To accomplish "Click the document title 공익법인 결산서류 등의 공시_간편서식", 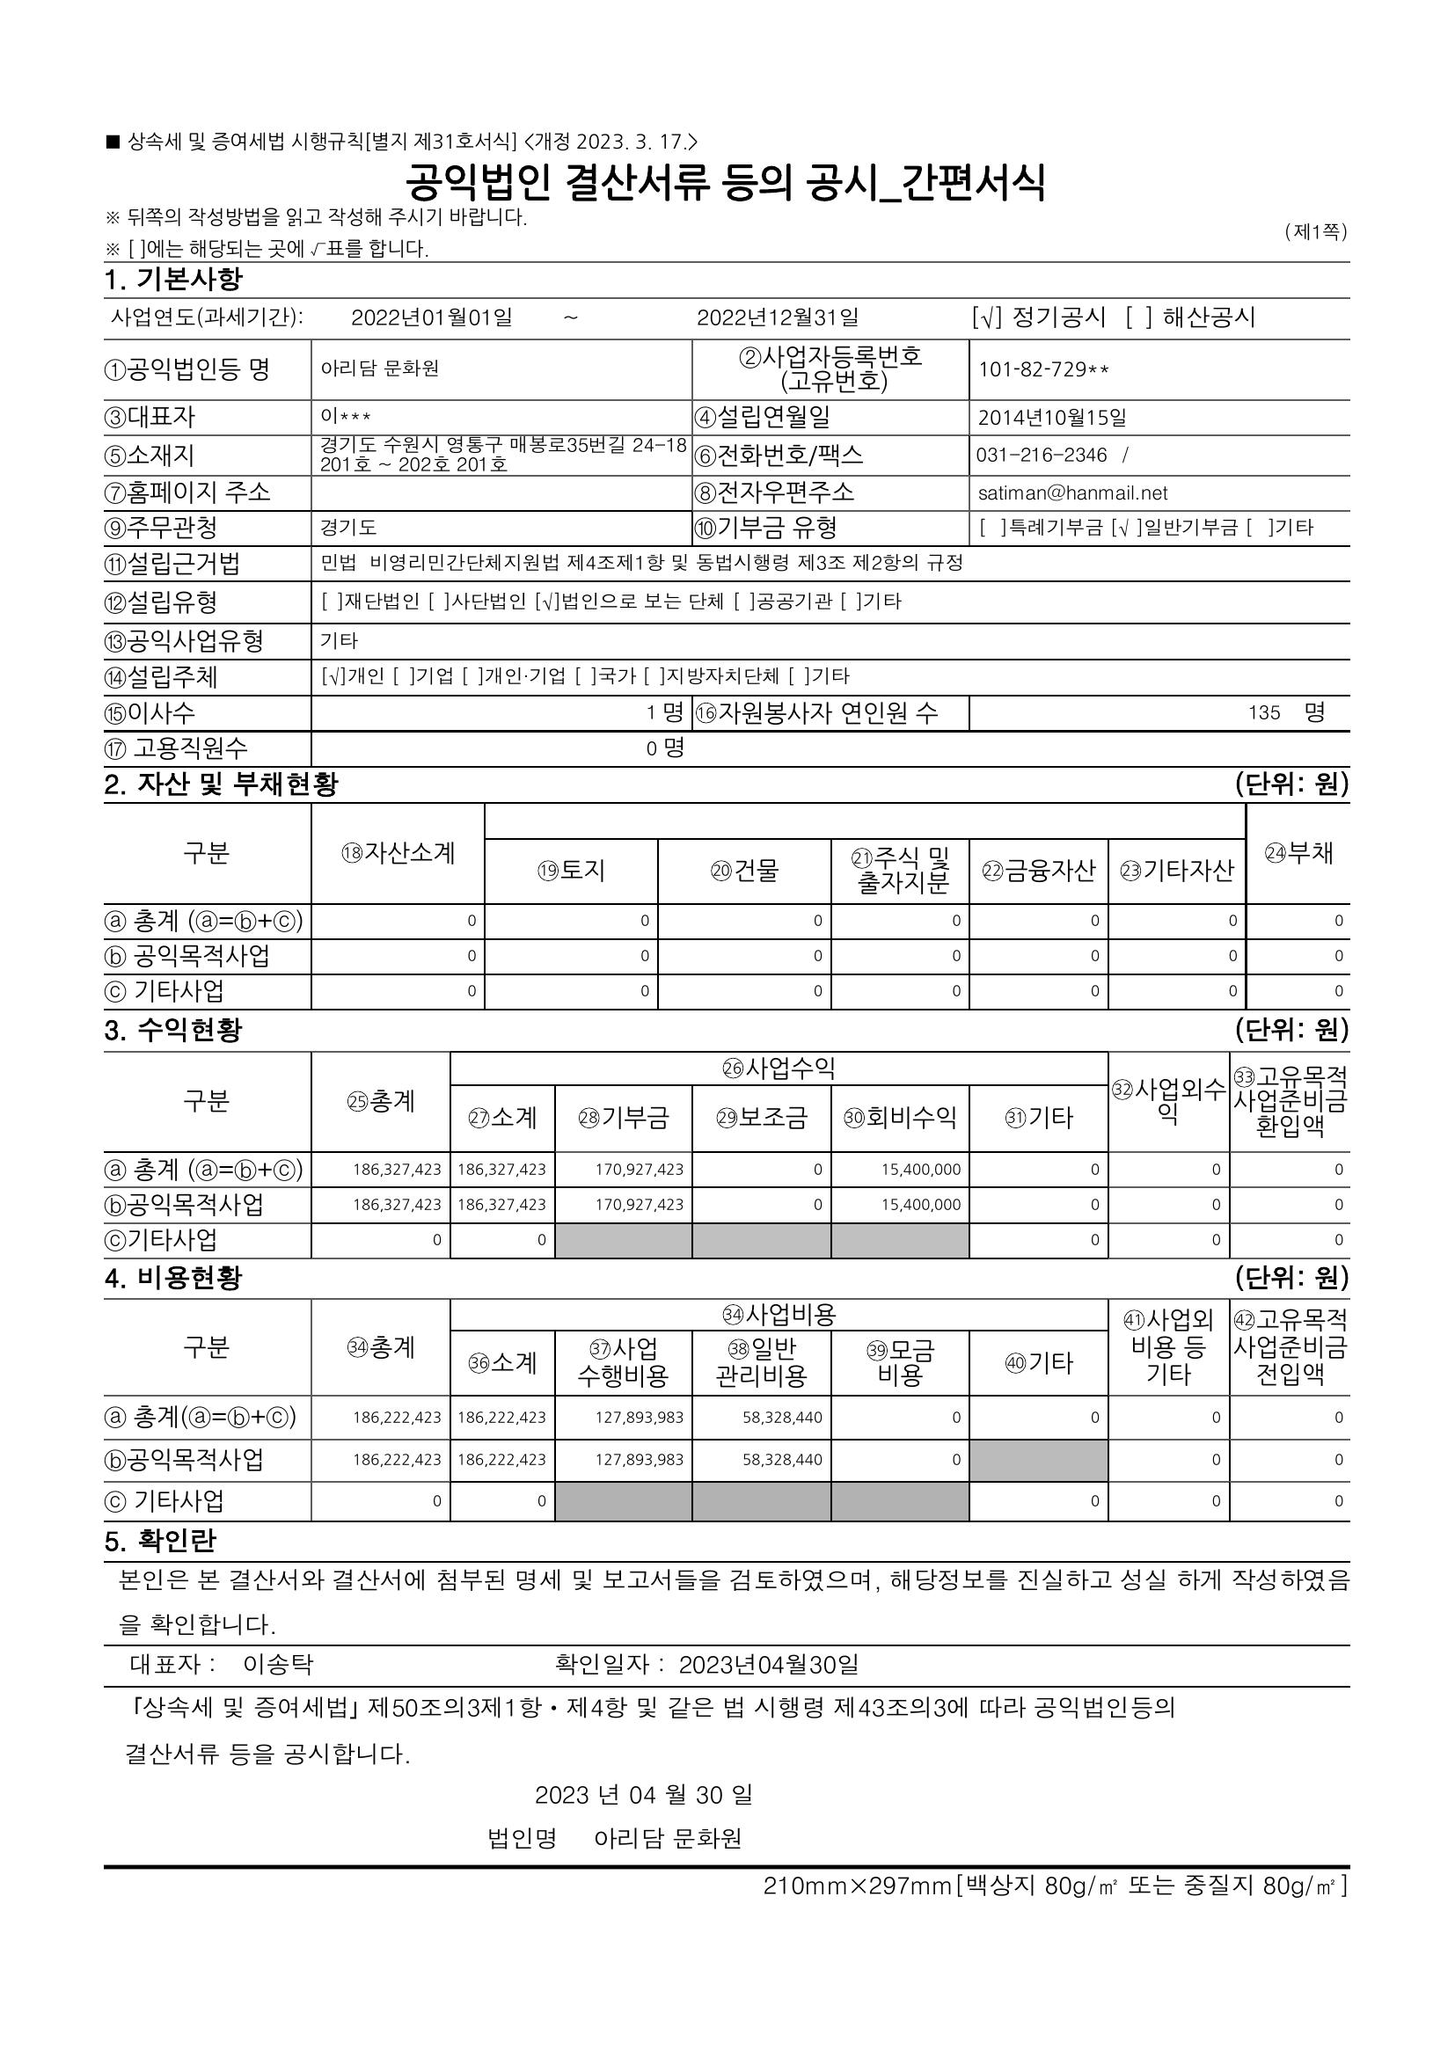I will pos(726,183).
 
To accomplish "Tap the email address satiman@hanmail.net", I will pos(1072,492).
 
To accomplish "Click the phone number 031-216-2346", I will pos(1041,456).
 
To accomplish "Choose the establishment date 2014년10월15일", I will pos(1052,418).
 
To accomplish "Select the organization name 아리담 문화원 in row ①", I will pos(380,369).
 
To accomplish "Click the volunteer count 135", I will pos(1263,713).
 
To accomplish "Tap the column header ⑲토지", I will pos(571,870).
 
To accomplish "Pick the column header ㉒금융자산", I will pos(1038,870).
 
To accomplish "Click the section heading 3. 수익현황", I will pos(173,1031).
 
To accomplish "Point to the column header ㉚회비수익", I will pos(900,1117).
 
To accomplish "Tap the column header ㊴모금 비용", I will pos(900,1362).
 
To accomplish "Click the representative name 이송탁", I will pos(278,1665).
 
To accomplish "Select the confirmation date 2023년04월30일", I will pos(768,1665).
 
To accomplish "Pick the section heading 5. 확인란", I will pos(160,1541).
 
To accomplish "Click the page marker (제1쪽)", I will pos(1315,232).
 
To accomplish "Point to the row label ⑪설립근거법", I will pos(173,564).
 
